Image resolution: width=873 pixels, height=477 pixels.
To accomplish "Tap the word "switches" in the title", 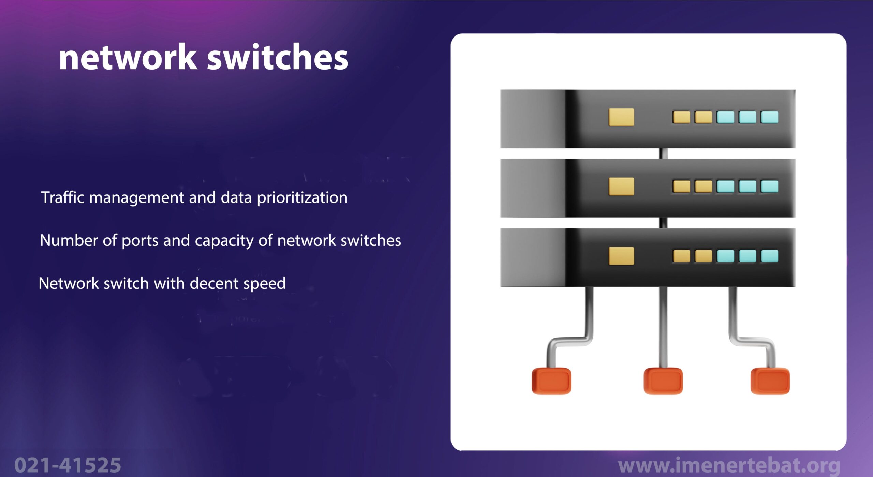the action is pyautogui.click(x=278, y=57).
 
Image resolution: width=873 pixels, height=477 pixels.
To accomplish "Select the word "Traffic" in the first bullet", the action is pyautogui.click(x=62, y=197).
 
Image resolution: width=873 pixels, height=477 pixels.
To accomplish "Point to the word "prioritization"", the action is pyautogui.click(x=302, y=198).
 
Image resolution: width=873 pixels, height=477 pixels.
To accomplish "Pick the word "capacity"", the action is pyautogui.click(x=224, y=241).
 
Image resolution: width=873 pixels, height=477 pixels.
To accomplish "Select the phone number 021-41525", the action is pyautogui.click(x=68, y=465).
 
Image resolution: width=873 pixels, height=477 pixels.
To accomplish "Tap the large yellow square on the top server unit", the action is pyautogui.click(x=621, y=117).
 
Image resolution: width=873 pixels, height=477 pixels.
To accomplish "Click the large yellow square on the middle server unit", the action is pyautogui.click(x=621, y=187).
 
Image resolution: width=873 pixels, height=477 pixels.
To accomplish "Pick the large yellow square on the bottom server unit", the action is pyautogui.click(x=621, y=256).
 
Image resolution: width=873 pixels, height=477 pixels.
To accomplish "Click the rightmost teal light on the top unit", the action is pyautogui.click(x=770, y=117).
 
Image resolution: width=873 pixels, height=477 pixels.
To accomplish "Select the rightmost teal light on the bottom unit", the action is pyautogui.click(x=770, y=256).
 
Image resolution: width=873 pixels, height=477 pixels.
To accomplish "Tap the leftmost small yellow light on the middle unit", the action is pyautogui.click(x=681, y=187).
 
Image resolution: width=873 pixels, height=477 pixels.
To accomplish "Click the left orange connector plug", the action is pyautogui.click(x=551, y=381).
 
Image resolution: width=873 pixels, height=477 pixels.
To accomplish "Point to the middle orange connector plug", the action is pyautogui.click(x=663, y=381).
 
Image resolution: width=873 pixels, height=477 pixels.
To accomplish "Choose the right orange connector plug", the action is pyautogui.click(x=770, y=381).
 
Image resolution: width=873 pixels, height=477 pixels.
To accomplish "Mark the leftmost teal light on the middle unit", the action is pyautogui.click(x=726, y=187).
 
